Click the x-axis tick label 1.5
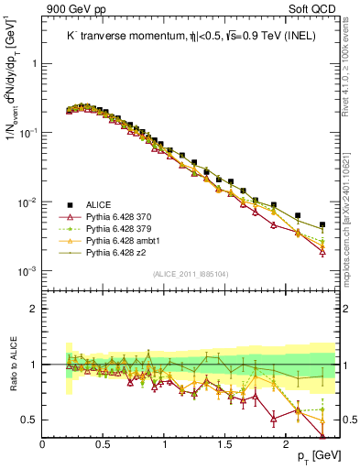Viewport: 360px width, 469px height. click(x=225, y=444)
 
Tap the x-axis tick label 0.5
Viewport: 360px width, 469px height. click(x=104, y=444)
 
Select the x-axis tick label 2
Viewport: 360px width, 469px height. click(x=286, y=444)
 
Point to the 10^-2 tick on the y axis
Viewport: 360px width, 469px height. click(x=30, y=202)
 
